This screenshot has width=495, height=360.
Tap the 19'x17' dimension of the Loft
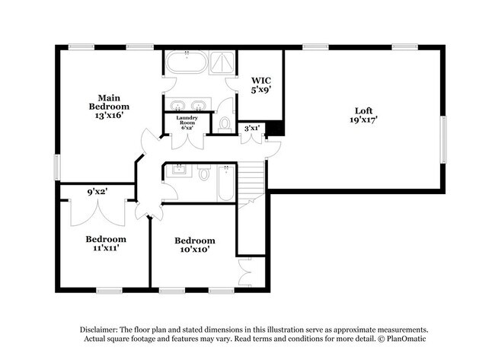tap(363, 119)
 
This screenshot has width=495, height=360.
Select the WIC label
tap(261, 79)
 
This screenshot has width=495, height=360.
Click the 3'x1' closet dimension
tap(251, 129)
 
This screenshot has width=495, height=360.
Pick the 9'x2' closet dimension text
tap(97, 193)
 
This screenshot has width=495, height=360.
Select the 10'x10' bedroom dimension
tap(194, 249)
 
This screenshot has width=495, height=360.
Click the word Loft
tap(363, 109)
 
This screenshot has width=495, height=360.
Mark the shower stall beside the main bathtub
tap(222, 62)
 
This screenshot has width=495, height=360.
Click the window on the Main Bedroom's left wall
tap(57, 167)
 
